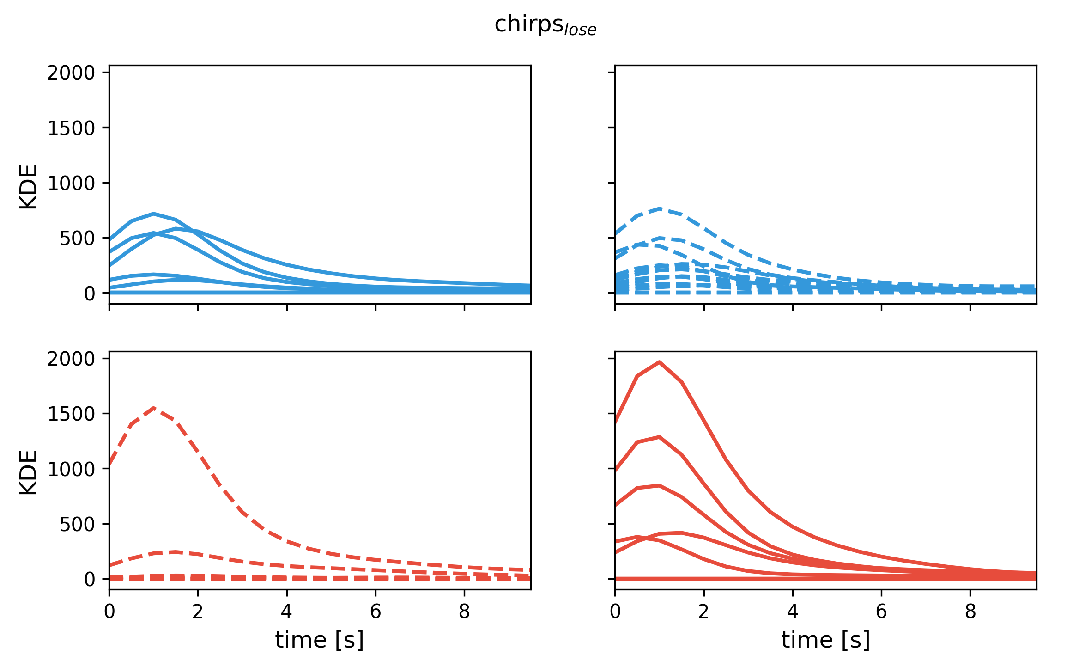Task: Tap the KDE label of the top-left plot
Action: tap(29, 187)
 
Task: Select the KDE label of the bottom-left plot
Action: tap(29, 472)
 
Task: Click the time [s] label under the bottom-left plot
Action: tap(319, 640)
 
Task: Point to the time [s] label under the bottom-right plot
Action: tap(825, 640)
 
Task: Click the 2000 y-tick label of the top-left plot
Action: tap(71, 73)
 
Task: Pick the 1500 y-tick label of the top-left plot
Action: tap(71, 128)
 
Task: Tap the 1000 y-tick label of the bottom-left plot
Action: tap(71, 469)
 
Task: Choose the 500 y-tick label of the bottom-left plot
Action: tap(77, 524)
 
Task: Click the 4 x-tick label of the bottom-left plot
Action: tap(286, 612)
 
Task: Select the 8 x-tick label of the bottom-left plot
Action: tap(464, 612)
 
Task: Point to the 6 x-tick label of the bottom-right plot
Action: tap(881, 612)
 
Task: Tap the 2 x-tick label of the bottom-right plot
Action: tap(703, 612)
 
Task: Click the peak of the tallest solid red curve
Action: tap(660, 362)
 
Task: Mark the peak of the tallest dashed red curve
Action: tap(154, 408)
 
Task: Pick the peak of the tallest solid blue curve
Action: tap(153, 214)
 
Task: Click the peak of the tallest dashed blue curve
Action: tap(660, 209)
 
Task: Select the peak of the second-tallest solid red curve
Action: tap(660, 437)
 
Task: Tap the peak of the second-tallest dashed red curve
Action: tap(176, 551)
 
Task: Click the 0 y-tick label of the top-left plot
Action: tap(90, 293)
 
